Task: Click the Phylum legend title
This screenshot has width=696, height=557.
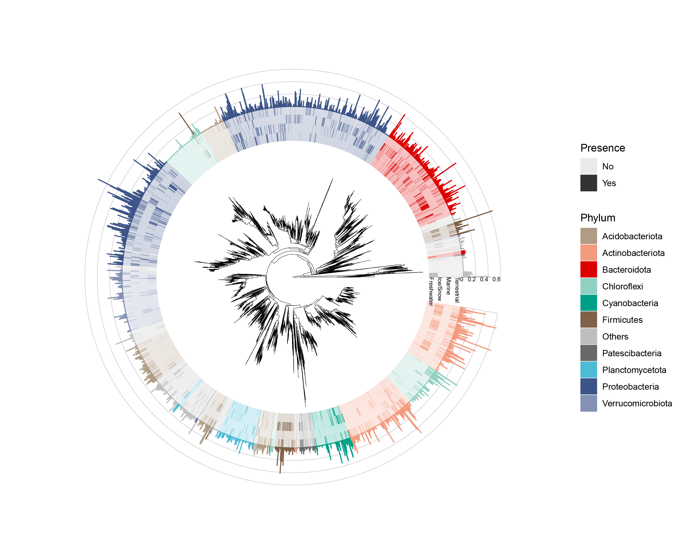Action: coord(598,218)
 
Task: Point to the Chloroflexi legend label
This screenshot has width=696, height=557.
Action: coord(622,286)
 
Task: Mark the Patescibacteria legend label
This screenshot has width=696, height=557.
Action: coord(632,353)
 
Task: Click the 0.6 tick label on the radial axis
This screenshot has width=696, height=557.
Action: coord(496,279)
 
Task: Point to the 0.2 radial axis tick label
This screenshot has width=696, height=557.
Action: coord(471,279)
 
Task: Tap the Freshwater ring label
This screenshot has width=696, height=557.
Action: coord(431,291)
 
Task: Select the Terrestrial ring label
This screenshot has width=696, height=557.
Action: coord(457,290)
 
